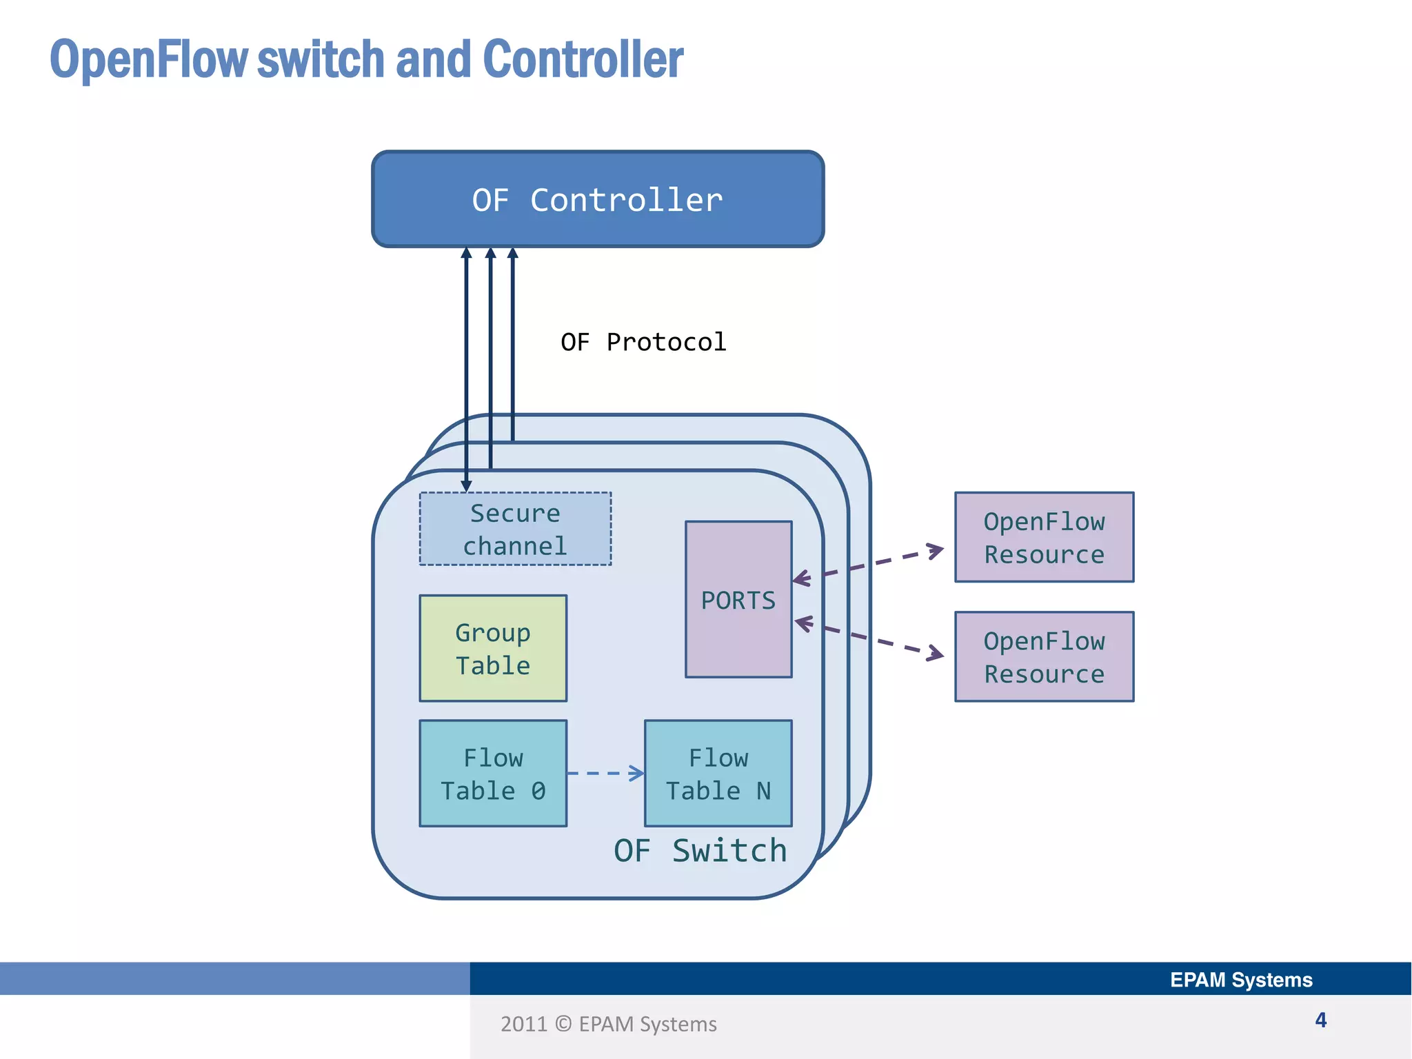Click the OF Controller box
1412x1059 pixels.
[x=598, y=200]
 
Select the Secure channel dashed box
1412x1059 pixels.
[x=515, y=529]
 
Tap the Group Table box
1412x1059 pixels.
[x=493, y=649]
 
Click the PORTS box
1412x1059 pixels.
[x=738, y=600]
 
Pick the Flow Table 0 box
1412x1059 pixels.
[x=493, y=774]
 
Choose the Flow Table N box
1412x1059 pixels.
[x=718, y=774]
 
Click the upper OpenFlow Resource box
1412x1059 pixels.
[x=1044, y=538]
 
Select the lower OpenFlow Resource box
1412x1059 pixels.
[x=1044, y=657]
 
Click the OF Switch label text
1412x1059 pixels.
[x=700, y=851]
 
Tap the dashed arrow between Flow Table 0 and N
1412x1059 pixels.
[x=605, y=774]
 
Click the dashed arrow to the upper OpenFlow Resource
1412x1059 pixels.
[x=869, y=564]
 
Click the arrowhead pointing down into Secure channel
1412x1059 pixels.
[x=467, y=486]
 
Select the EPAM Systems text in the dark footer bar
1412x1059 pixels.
[x=1240, y=980]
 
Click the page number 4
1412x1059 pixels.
[x=1320, y=1020]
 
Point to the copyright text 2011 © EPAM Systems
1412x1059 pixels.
[x=608, y=1025]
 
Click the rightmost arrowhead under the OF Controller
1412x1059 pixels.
[x=512, y=254]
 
